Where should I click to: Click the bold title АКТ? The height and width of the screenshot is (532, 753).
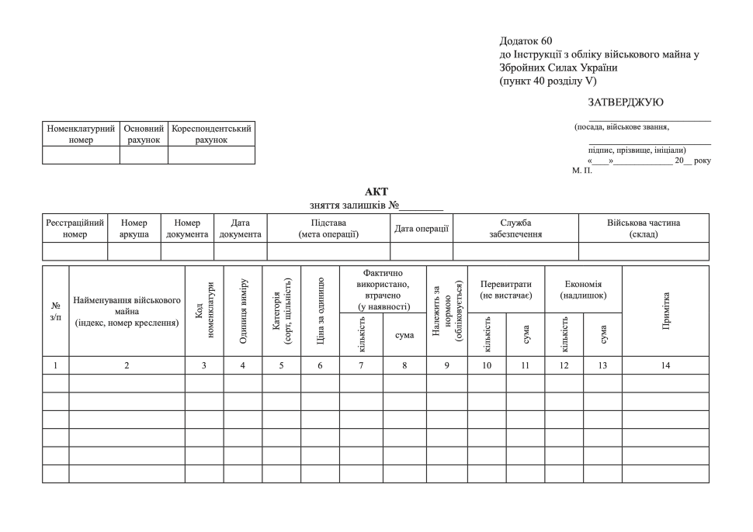click(376, 192)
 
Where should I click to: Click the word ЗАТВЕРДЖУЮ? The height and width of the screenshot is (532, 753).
click(626, 102)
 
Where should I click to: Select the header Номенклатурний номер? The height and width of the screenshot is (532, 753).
click(81, 134)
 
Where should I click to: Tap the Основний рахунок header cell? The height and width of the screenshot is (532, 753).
click(144, 134)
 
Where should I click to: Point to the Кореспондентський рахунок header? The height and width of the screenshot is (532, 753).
click(211, 134)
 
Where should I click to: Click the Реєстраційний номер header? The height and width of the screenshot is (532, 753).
click(75, 228)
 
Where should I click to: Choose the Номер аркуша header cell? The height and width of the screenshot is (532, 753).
click(134, 228)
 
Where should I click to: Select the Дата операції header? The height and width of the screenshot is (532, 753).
click(422, 228)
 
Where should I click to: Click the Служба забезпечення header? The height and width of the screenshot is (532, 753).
click(515, 228)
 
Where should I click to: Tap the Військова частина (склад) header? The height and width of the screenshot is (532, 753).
click(644, 228)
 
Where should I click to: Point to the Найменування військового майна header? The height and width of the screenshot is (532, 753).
click(127, 311)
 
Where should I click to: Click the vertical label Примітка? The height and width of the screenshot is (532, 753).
click(666, 311)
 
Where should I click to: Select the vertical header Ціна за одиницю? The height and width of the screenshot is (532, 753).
click(321, 311)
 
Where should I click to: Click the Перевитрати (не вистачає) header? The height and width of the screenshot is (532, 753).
click(505, 289)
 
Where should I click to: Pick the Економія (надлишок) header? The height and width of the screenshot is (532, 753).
click(582, 289)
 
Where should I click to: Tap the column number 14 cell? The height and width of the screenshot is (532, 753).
click(665, 364)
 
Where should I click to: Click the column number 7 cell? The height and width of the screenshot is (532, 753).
click(361, 364)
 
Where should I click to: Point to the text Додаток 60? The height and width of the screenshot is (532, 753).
click(526, 40)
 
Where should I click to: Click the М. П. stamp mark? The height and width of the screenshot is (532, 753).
click(582, 171)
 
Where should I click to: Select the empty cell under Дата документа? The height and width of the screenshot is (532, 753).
click(240, 251)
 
